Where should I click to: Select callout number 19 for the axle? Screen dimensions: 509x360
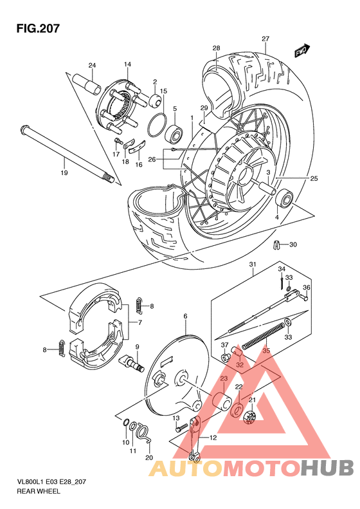[x=64, y=173]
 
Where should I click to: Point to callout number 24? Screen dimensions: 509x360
[x=92, y=66]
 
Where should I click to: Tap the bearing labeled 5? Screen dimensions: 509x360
[x=175, y=134]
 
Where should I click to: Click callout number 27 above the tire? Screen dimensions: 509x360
[x=265, y=39]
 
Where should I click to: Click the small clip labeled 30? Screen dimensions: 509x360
[x=277, y=244]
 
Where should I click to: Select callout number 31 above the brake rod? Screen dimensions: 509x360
[x=253, y=264]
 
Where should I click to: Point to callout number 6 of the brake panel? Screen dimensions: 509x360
[x=185, y=316]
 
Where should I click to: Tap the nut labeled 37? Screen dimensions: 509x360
[x=226, y=357]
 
